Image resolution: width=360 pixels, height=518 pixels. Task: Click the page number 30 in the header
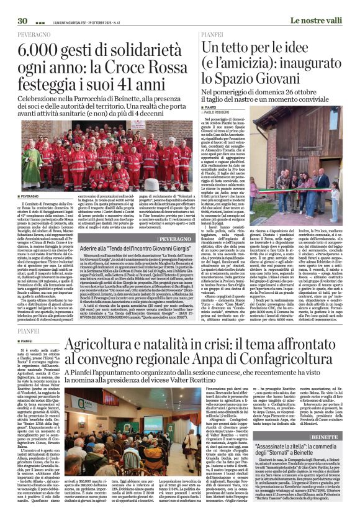22,5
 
